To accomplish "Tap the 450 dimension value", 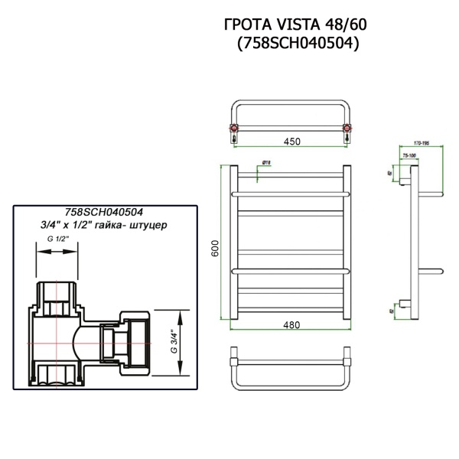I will pyautogui.click(x=291, y=142).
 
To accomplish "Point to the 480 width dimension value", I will pyautogui.click(x=291, y=324).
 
